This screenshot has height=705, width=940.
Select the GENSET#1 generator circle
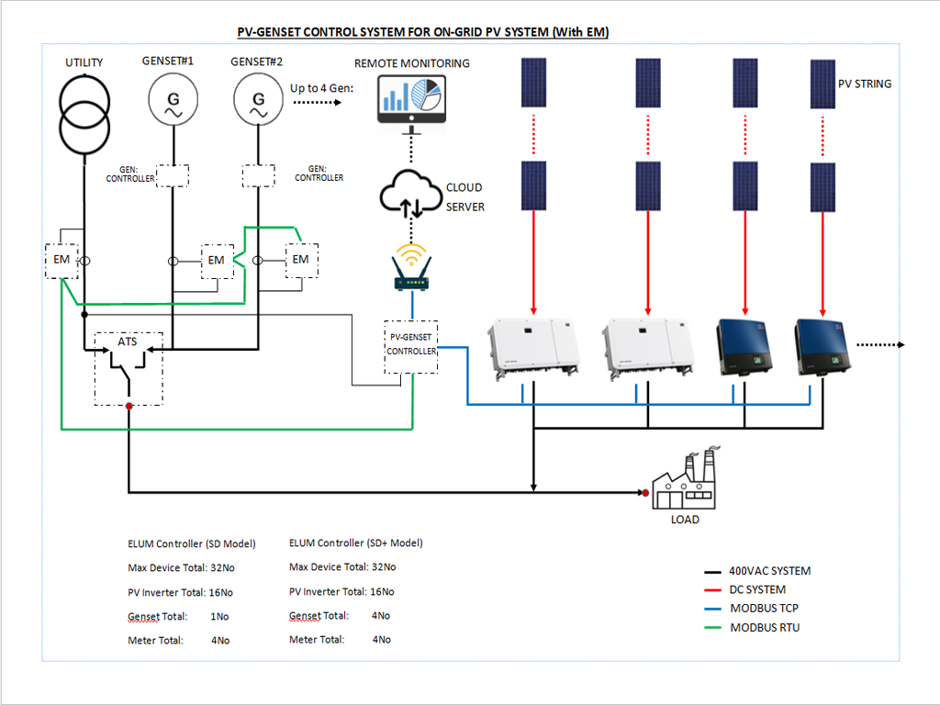click(x=172, y=99)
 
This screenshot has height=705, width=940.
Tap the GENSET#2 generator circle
click(x=258, y=99)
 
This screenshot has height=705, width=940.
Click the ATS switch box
click(x=129, y=367)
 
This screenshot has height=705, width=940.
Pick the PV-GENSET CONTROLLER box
click(x=411, y=345)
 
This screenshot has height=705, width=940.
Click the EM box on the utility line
click(x=62, y=261)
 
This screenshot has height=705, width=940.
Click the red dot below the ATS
click(x=129, y=405)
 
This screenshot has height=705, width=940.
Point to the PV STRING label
click(x=864, y=84)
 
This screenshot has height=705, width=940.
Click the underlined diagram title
click(x=423, y=32)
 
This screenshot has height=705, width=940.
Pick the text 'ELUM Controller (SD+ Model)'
click(x=355, y=543)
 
